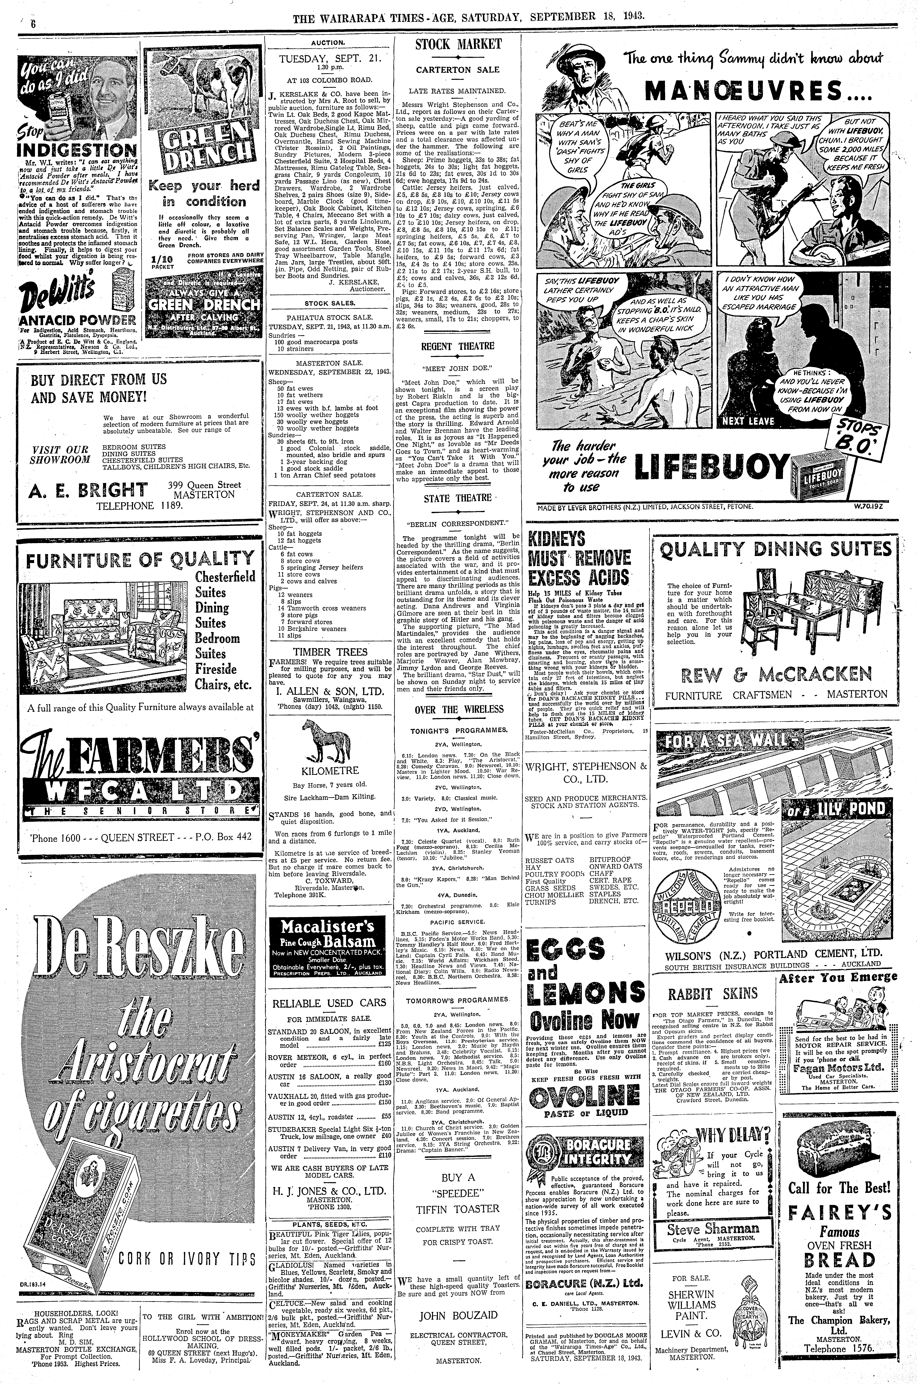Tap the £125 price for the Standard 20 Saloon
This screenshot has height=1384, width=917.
pyautogui.click(x=384, y=1044)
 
